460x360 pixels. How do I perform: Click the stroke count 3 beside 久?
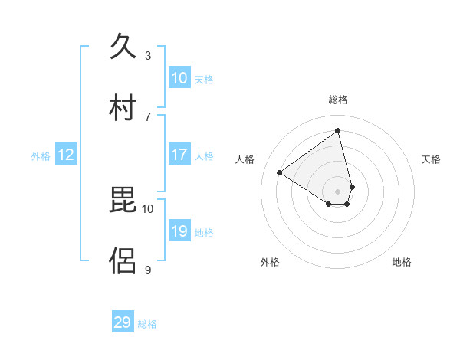pos(148,55)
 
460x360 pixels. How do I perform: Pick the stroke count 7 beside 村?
pos(148,116)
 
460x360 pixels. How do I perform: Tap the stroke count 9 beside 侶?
pos(148,269)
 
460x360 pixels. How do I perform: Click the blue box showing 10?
pos(179,78)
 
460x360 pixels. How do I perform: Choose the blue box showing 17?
pos(179,155)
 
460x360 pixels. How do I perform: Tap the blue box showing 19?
pos(179,231)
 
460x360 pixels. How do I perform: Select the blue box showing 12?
pos(66,155)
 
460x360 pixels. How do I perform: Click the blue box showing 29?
pos(123,322)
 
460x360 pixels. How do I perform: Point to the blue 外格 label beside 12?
pos(41,156)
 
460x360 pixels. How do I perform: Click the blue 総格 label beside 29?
pos(147,324)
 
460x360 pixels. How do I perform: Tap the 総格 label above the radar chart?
pos(338,100)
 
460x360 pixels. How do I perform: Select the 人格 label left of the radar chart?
pos(245,159)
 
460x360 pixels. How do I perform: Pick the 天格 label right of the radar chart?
pos(431,159)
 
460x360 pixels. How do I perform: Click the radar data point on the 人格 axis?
pos(280,173)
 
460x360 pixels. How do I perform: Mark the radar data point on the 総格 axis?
pos(338,130)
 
